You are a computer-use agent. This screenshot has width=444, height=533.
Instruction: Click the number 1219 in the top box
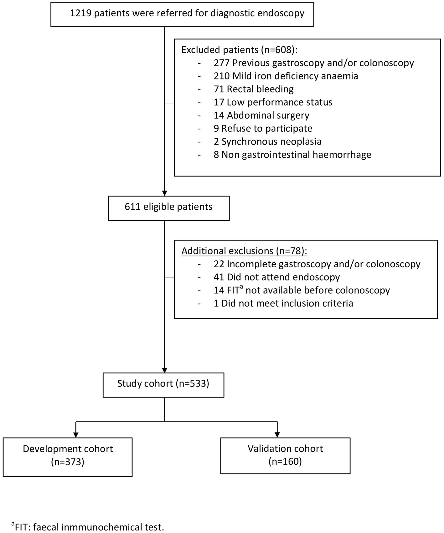[x=80, y=13]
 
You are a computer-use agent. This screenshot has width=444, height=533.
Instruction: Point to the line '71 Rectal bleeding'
[x=254, y=89]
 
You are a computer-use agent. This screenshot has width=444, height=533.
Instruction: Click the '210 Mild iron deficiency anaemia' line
[x=286, y=76]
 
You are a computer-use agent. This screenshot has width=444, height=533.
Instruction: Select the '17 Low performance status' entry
[x=273, y=102]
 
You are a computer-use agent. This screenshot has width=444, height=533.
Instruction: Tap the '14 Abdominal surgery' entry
[x=261, y=115]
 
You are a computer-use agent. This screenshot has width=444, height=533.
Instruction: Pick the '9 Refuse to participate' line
[x=263, y=129]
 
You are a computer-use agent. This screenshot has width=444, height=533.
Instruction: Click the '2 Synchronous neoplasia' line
[x=268, y=141]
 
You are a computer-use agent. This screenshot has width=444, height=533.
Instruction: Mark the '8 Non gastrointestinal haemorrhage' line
[x=292, y=155]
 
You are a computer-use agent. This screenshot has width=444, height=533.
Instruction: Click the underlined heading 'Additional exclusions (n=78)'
[x=244, y=251]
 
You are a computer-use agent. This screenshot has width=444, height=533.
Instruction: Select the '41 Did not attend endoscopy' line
[x=277, y=277]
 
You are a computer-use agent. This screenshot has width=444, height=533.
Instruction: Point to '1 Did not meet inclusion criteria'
[x=283, y=303]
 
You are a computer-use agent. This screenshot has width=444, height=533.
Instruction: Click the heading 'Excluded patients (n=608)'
[x=240, y=50]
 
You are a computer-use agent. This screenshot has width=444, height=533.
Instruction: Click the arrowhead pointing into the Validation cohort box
[x=277, y=434]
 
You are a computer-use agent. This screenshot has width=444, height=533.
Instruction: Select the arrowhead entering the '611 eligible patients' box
[x=164, y=193]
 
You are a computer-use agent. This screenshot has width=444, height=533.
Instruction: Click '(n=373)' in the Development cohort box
[x=68, y=462]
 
